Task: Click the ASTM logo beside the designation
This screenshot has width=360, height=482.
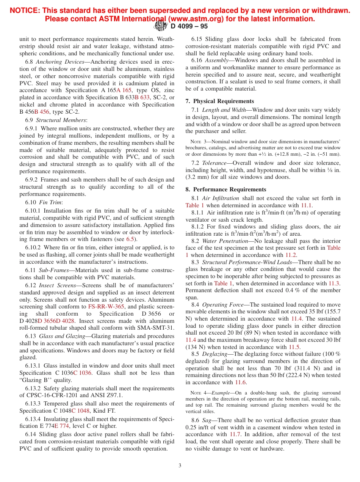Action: [161, 26]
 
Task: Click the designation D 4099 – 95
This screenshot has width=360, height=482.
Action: [189, 27]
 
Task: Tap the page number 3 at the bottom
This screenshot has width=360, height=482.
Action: [180, 466]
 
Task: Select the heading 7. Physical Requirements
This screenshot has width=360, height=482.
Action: [220, 101]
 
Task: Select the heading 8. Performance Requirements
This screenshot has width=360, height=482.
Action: [226, 189]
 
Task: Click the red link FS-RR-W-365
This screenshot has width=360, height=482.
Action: [106, 307]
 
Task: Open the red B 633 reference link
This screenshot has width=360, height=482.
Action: [142, 97]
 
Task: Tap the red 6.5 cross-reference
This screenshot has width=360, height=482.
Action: [130, 239]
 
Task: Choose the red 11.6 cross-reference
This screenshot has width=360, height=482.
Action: [241, 382]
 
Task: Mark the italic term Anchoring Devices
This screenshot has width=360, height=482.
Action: [60, 62]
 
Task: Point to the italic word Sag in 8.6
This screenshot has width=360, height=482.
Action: [207, 420]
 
